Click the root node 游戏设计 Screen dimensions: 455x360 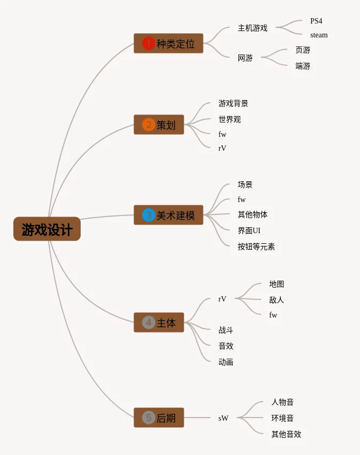(x=47, y=229)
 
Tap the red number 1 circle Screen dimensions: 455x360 (x=148, y=43)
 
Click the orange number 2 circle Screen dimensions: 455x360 (x=148, y=125)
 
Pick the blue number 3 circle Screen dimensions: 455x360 (x=148, y=215)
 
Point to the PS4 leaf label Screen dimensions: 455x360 (x=316, y=21)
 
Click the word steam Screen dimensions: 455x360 (x=319, y=35)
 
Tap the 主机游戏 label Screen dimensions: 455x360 (x=253, y=28)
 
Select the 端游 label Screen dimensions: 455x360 (x=303, y=66)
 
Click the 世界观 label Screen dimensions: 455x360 (x=230, y=119)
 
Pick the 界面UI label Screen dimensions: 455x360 (x=249, y=230)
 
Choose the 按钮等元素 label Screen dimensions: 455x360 (x=256, y=246)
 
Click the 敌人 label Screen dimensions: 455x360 (x=277, y=300)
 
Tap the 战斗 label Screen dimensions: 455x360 (x=226, y=330)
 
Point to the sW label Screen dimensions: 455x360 (x=223, y=418)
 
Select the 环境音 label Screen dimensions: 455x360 (x=283, y=418)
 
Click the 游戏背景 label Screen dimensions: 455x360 (x=233, y=103)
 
